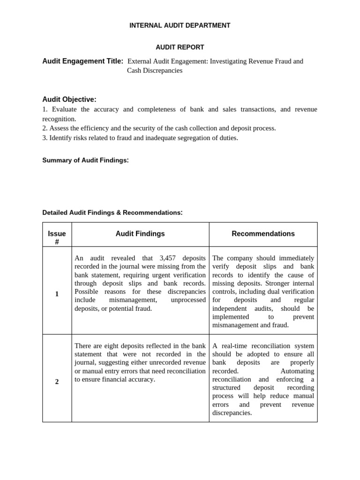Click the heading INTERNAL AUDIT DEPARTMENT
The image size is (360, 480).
pos(180,25)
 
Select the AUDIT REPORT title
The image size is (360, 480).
pos(180,47)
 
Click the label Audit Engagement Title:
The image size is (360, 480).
pos(83,61)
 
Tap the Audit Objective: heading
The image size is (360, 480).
pos(69,99)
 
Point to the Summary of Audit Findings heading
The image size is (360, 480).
pos(85,160)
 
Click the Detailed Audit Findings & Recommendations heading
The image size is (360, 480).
pos(112,213)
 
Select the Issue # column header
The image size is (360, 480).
pos(57,238)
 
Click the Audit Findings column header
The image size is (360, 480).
pos(140,233)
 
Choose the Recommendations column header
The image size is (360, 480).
pos(263,233)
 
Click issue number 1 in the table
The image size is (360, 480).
pos(57,294)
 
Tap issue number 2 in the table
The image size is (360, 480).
pos(57,382)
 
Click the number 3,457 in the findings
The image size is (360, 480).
pos(167,258)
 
